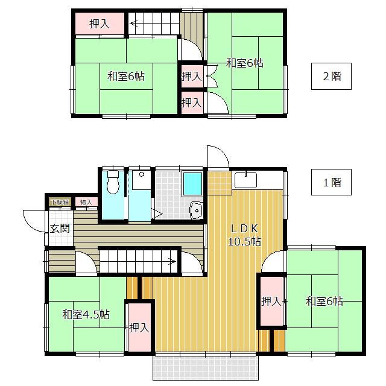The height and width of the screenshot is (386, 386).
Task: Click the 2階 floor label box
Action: tap(331, 77)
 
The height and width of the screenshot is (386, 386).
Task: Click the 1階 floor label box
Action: tap(331, 182)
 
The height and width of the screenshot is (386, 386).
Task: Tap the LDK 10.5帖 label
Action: tap(245, 235)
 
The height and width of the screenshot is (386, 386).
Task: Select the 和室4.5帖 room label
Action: tap(85, 314)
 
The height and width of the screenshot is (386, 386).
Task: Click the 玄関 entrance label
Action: tap(59, 228)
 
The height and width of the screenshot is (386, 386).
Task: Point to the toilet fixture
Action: tap(112, 183)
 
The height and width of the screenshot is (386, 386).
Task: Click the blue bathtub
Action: tap(192, 183)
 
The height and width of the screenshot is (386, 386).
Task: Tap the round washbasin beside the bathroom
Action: tap(196, 210)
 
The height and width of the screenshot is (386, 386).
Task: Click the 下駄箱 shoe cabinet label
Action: tap(59, 202)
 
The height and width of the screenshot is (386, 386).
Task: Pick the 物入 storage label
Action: tap(86, 202)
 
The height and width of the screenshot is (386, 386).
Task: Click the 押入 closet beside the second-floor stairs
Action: tap(99, 24)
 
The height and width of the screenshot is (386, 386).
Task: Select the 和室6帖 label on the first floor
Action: tap(324, 301)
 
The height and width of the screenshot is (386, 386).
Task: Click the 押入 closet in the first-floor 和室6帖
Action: tap(271, 301)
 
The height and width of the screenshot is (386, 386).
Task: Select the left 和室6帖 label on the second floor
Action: tap(125, 77)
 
